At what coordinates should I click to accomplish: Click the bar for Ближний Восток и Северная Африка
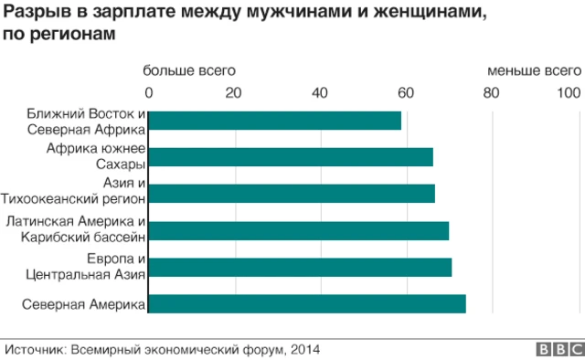[x=274, y=121]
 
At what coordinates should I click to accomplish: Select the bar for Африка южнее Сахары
[x=290, y=157]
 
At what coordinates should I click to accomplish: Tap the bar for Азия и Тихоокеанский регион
[x=291, y=194]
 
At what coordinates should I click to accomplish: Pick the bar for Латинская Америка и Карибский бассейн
[x=298, y=230]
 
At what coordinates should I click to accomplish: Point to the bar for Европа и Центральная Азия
[x=299, y=267]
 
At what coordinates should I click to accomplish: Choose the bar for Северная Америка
[x=306, y=304]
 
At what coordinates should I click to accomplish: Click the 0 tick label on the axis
[x=149, y=91]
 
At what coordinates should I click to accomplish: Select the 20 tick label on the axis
[x=234, y=91]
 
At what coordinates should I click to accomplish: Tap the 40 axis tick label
[x=320, y=91]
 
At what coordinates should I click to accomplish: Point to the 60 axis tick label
[x=406, y=91]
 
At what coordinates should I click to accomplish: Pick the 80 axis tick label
[x=492, y=91]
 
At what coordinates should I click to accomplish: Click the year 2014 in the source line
[x=305, y=348]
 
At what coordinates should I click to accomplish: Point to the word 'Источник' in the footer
[x=34, y=348]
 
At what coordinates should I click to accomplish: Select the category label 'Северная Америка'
[x=83, y=305]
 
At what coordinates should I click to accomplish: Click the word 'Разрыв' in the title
[x=35, y=16]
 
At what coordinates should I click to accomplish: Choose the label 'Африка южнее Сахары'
[x=96, y=157]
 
